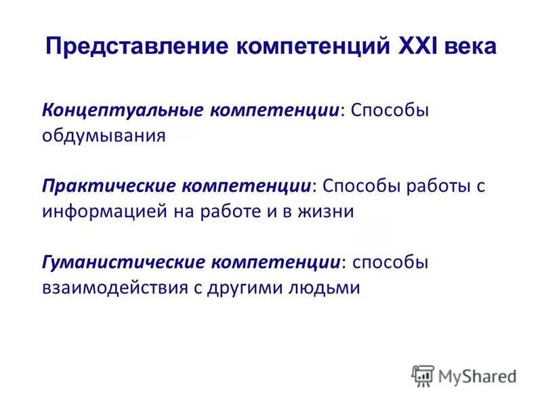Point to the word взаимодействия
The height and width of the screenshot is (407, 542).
114,287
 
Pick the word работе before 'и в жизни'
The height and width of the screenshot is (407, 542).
231,211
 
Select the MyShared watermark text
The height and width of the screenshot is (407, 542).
477,376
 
